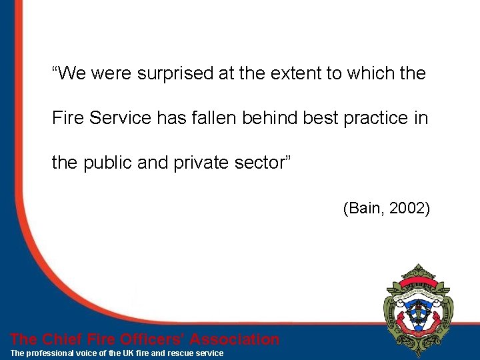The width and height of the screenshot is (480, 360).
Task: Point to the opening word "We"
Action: click(70, 73)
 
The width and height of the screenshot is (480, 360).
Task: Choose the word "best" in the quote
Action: click(321, 118)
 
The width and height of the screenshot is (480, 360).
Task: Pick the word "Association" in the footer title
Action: click(235, 339)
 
